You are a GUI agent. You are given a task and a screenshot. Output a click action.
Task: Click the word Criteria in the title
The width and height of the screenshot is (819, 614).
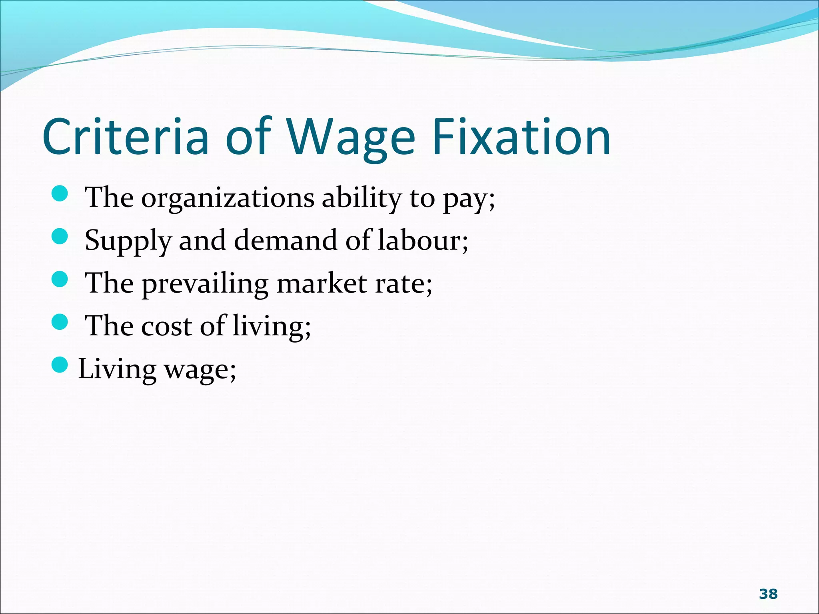point(126,137)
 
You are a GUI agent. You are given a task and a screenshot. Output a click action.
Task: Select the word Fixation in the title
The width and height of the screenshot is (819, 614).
point(521,137)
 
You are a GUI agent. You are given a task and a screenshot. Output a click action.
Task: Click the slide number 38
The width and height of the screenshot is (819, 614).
point(768,594)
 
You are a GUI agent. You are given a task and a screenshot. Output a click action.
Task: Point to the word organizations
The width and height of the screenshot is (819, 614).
point(228,199)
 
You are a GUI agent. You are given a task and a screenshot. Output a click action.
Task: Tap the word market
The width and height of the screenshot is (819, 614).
point(322,283)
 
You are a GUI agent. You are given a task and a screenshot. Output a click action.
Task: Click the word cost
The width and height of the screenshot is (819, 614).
point(167,326)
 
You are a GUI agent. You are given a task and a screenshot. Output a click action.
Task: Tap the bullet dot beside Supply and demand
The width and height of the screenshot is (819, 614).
point(60,235)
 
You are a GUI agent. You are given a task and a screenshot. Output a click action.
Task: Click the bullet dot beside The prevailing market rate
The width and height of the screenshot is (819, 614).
point(60,279)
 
